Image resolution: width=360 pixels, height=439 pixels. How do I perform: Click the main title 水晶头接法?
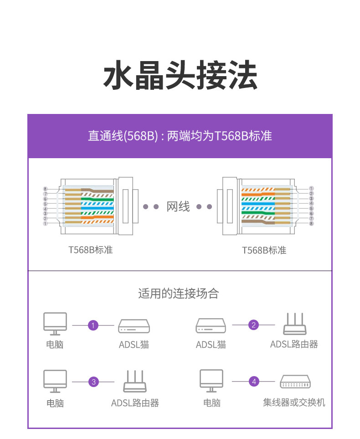(180, 75)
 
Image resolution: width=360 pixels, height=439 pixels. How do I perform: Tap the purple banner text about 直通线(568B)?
(180, 136)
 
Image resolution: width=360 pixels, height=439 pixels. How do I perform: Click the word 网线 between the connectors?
(178, 207)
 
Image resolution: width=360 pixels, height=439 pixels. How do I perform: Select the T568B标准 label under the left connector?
(90, 250)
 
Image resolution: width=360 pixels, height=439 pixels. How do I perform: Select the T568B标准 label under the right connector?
(264, 250)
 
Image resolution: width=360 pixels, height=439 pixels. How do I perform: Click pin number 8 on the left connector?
(46, 189)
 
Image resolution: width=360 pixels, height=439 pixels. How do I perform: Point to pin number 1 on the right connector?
(311, 188)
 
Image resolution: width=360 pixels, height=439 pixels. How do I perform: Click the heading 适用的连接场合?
(178, 294)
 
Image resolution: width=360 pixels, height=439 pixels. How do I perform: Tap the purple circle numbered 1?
(93, 325)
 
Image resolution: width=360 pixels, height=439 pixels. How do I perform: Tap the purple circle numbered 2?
(254, 325)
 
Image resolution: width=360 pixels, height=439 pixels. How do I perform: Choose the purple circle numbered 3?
(93, 382)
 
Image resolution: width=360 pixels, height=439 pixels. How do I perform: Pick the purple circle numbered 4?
(254, 382)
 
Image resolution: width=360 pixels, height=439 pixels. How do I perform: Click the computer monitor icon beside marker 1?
(55, 324)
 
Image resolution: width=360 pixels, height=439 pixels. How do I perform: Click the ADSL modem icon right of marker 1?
(134, 326)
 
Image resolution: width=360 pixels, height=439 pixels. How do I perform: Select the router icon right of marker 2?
(295, 324)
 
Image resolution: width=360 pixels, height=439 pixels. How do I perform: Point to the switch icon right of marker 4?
(295, 381)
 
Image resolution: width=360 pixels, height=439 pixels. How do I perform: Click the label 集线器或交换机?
(294, 403)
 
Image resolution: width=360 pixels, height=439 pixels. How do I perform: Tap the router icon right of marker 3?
(135, 381)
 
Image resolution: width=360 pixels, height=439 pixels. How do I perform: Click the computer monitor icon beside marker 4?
(211, 381)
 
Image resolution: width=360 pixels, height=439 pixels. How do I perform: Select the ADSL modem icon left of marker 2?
(211, 325)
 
